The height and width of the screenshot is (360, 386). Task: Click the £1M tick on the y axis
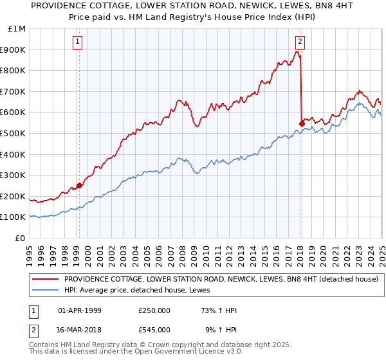[x=14, y=29]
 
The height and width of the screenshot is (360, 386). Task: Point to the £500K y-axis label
[x=13, y=133]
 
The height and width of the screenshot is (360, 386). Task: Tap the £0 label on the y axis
[x=21, y=238]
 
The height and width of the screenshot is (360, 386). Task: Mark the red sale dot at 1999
[x=79, y=185]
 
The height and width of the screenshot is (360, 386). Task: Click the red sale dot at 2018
[x=302, y=123]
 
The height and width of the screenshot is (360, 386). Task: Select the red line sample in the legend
[x=45, y=280]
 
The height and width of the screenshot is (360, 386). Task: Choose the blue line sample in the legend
[x=45, y=290]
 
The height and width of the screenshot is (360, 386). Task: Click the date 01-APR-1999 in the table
[x=80, y=310]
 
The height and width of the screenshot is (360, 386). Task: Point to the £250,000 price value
[x=154, y=310]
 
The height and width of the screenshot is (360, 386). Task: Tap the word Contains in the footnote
[x=46, y=346]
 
